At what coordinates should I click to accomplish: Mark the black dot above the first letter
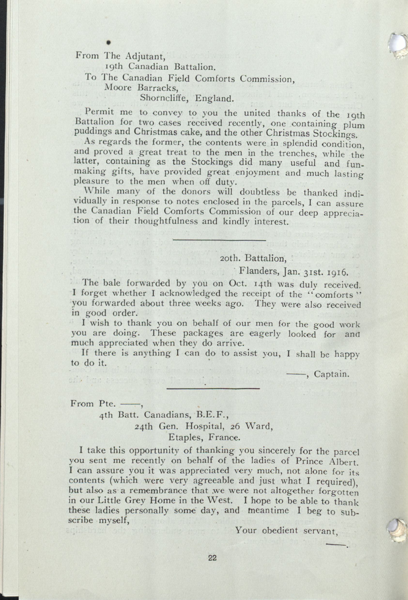click(109, 43)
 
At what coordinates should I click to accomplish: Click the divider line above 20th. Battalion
click(219, 240)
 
